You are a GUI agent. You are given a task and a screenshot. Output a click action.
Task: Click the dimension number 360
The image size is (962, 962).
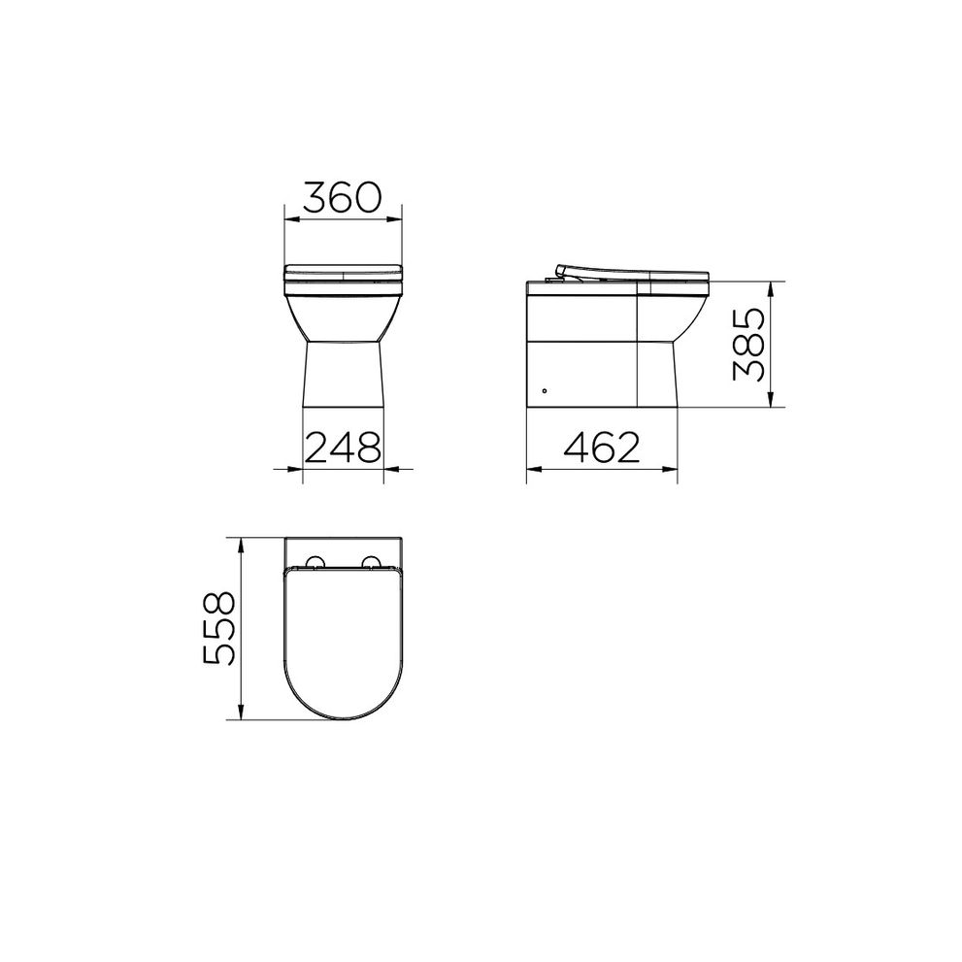tap(343, 197)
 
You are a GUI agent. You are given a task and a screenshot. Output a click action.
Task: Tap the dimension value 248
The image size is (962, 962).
tap(343, 447)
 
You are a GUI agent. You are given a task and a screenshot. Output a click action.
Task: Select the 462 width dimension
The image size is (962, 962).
tap(602, 447)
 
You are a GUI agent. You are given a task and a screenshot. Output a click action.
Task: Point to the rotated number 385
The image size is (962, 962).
tap(749, 345)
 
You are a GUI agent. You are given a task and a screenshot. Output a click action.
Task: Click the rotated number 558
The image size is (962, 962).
tap(219, 628)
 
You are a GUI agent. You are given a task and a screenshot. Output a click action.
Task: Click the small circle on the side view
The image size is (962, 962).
tap(545, 390)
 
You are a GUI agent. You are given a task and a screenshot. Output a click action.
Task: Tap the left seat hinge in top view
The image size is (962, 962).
tap(315, 563)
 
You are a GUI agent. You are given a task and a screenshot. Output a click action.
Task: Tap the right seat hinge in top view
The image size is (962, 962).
tap(371, 563)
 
